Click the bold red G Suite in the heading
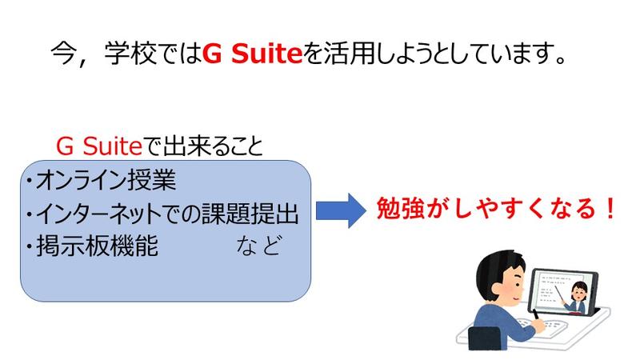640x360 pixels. click(x=252, y=54)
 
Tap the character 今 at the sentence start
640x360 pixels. click(x=64, y=54)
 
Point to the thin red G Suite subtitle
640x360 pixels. click(x=99, y=146)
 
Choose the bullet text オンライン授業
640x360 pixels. click(x=106, y=179)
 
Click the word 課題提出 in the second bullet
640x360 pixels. click(x=250, y=213)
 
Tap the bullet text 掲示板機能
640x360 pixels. click(x=97, y=246)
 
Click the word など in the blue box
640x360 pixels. click(x=258, y=246)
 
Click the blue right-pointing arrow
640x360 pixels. click(x=342, y=210)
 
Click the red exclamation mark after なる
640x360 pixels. click(x=610, y=208)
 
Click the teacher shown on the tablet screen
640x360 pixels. click(x=578, y=298)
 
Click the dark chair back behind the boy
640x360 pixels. click(x=485, y=338)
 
